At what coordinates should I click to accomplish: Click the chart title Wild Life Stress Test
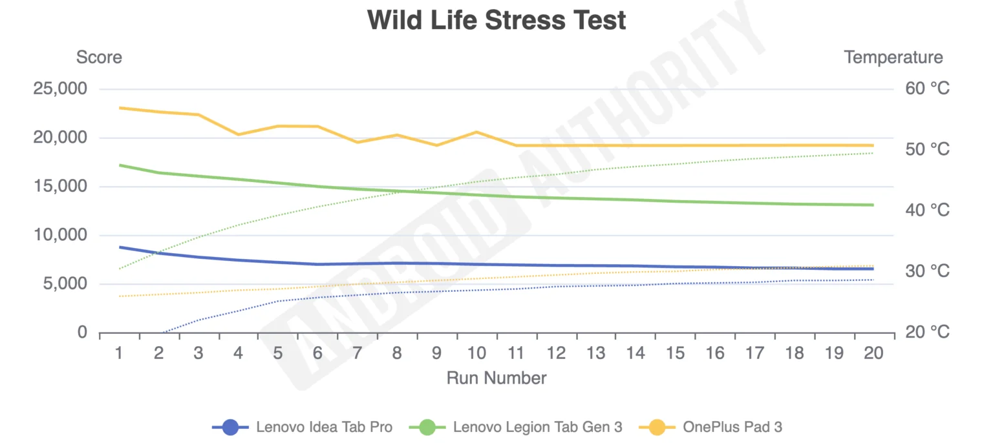point(496,21)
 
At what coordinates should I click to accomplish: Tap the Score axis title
point(99,57)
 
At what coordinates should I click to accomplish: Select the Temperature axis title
point(893,57)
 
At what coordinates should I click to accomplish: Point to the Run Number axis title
point(496,378)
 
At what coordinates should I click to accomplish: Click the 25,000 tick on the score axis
point(60,88)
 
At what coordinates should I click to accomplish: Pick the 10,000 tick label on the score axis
point(60,235)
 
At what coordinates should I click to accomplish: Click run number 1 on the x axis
point(119,353)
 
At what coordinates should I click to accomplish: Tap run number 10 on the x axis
point(476,353)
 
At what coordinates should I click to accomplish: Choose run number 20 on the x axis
point(873,353)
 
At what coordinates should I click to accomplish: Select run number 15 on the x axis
point(675,353)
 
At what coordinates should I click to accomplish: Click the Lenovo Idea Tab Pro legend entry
point(303,427)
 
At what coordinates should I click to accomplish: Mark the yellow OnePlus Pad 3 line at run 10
point(476,132)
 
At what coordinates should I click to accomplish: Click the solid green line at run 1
point(120,165)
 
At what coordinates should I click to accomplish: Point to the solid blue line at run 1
point(120,247)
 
